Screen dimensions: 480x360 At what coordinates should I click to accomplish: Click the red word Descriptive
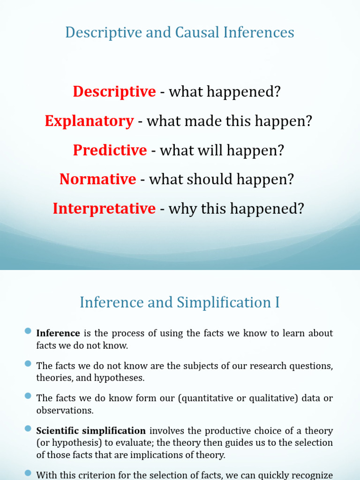[x=114, y=92]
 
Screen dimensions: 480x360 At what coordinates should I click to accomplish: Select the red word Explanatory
[x=89, y=121]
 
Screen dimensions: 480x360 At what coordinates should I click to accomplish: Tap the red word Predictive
[x=110, y=150]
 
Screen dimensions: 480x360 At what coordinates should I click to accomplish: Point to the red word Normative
[x=97, y=179]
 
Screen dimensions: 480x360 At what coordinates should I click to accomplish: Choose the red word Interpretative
[x=104, y=209]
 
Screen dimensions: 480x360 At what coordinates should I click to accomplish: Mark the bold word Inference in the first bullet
[x=58, y=333]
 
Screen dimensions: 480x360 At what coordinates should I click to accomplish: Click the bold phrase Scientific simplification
[x=91, y=431]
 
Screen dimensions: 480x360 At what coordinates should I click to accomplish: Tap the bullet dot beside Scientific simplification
[x=28, y=429]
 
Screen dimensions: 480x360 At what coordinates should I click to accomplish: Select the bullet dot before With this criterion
[x=28, y=474]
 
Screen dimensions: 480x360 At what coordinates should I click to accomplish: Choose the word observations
[x=65, y=410]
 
